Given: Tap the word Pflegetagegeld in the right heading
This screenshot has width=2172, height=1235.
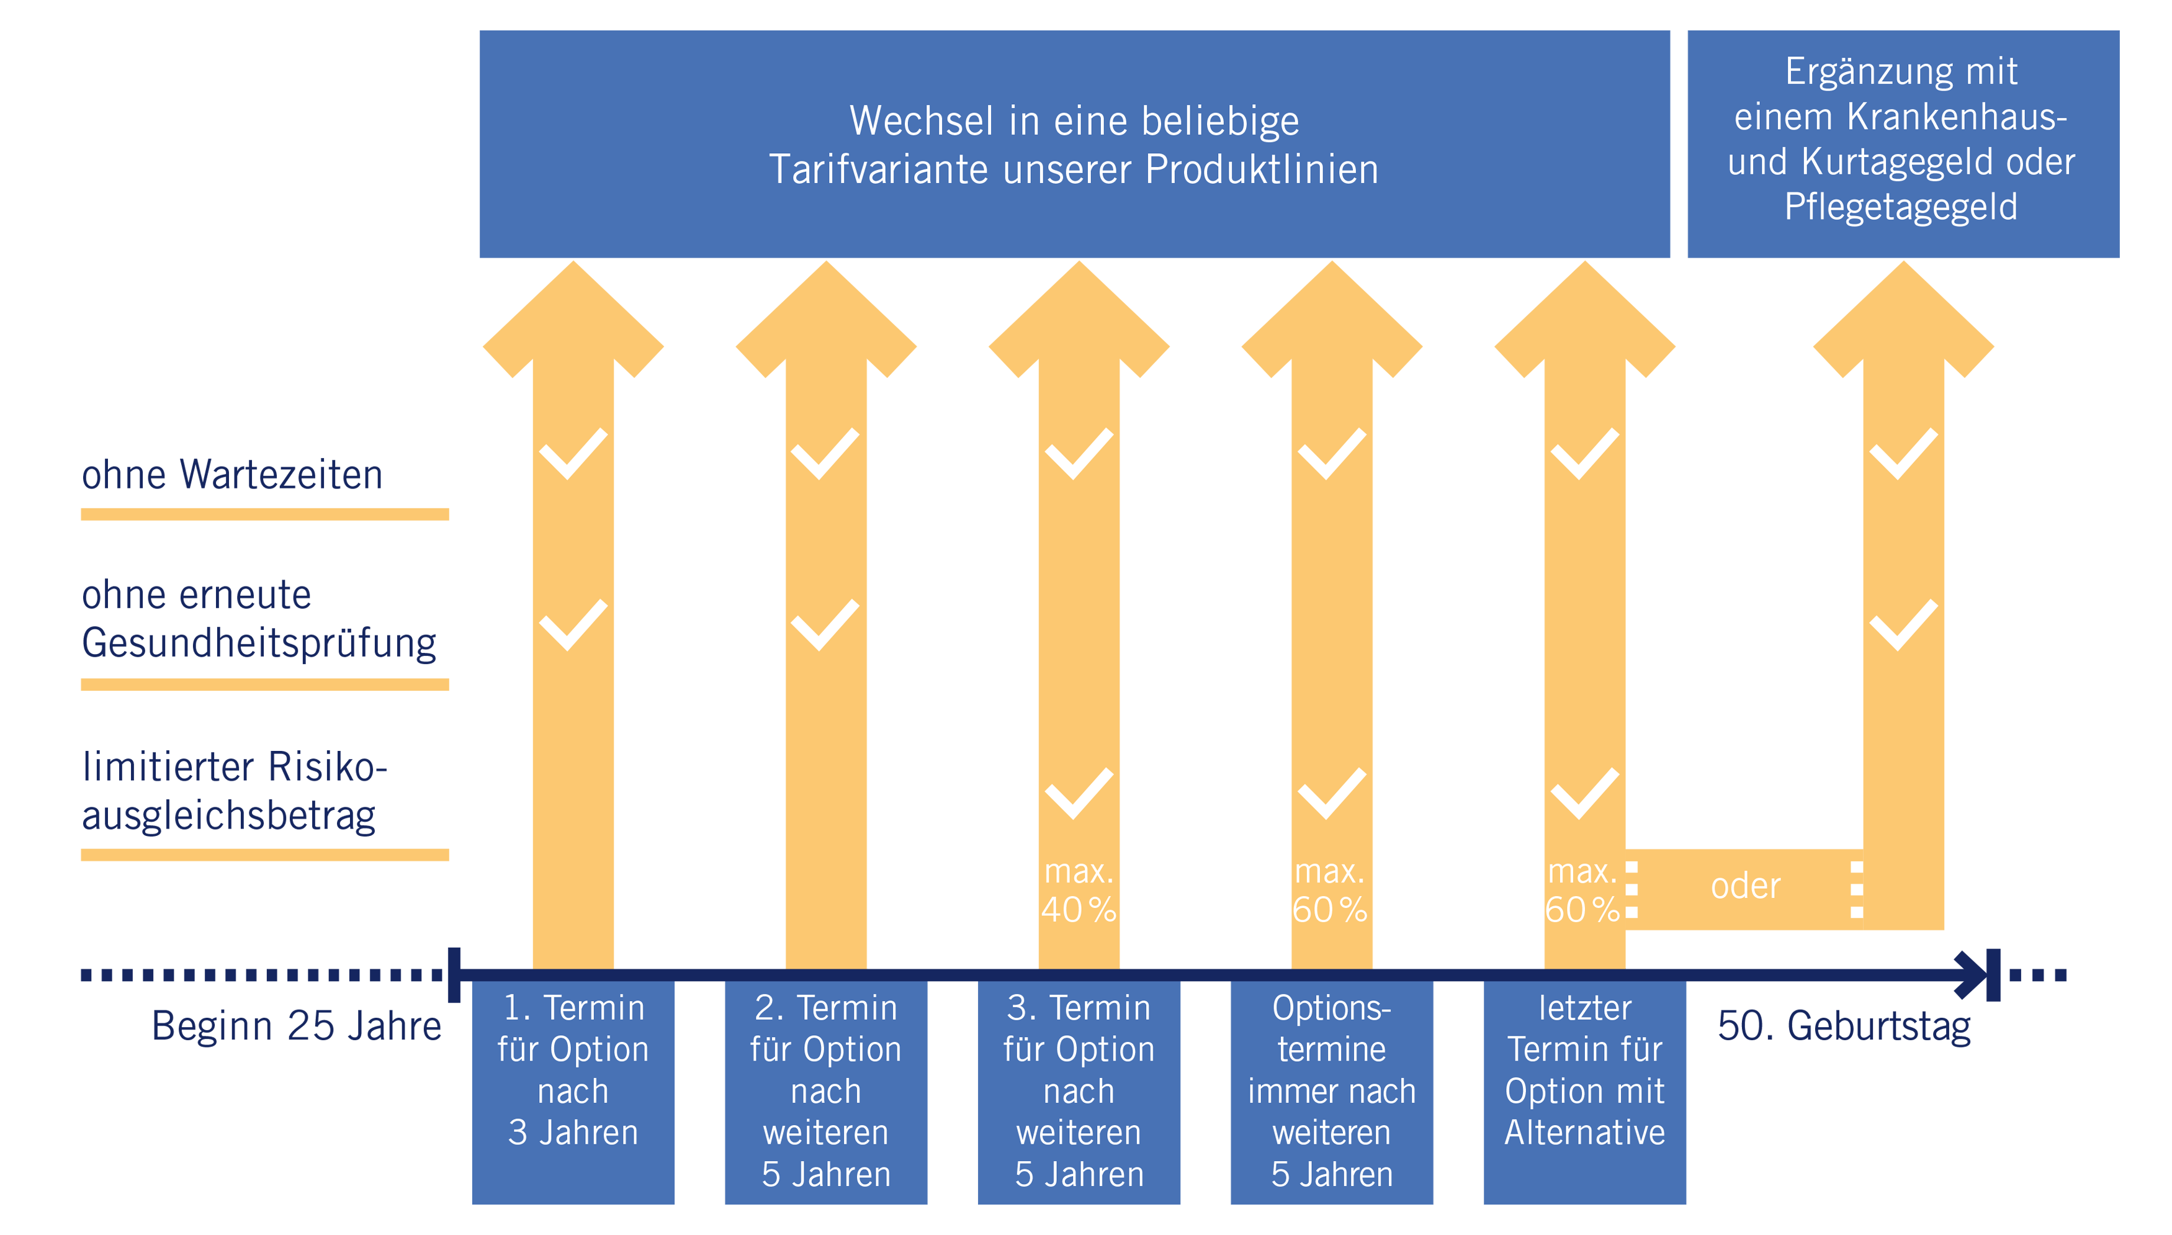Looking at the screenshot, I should coord(1901,207).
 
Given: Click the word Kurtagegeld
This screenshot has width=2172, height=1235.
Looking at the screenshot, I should coord(1898,162).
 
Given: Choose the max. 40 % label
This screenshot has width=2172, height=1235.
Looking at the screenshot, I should coord(1079,891).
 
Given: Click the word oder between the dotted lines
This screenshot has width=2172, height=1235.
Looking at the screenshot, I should coord(1746,886).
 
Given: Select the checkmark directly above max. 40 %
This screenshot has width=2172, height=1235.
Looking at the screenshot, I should coord(1079,793).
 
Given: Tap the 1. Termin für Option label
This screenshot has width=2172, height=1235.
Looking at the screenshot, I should coord(573,1028).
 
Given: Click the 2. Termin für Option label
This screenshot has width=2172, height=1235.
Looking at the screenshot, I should coord(826,1028).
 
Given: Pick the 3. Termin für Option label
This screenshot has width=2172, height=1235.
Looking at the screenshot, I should coord(1079,1028).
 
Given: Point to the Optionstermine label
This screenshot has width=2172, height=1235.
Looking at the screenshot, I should coord(1332,1028).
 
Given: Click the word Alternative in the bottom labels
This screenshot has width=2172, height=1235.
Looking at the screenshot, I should coord(1584,1133).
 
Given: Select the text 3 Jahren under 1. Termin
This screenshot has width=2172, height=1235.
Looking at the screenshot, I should coord(573,1133).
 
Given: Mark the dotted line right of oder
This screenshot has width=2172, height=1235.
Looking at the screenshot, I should coord(1857,890).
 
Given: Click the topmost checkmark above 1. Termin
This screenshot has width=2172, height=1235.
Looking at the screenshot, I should coord(573,454).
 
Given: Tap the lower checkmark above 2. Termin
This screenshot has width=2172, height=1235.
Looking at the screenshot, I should coord(825,625).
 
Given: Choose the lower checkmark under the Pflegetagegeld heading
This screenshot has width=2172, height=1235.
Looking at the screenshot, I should coord(1904,625).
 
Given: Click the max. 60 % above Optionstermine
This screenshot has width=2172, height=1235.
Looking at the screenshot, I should coord(1330,891).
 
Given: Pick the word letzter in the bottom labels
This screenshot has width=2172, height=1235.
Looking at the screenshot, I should coord(1584,1008).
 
